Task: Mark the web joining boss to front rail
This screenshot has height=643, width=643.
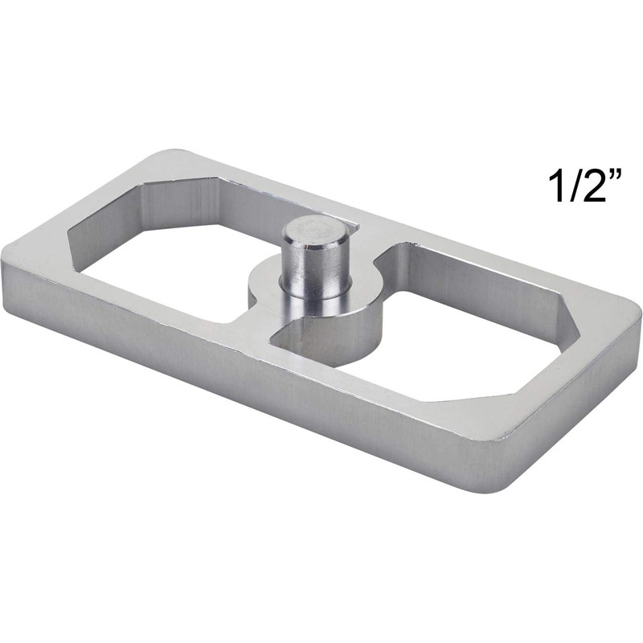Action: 257,330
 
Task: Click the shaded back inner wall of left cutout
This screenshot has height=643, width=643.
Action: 217,205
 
